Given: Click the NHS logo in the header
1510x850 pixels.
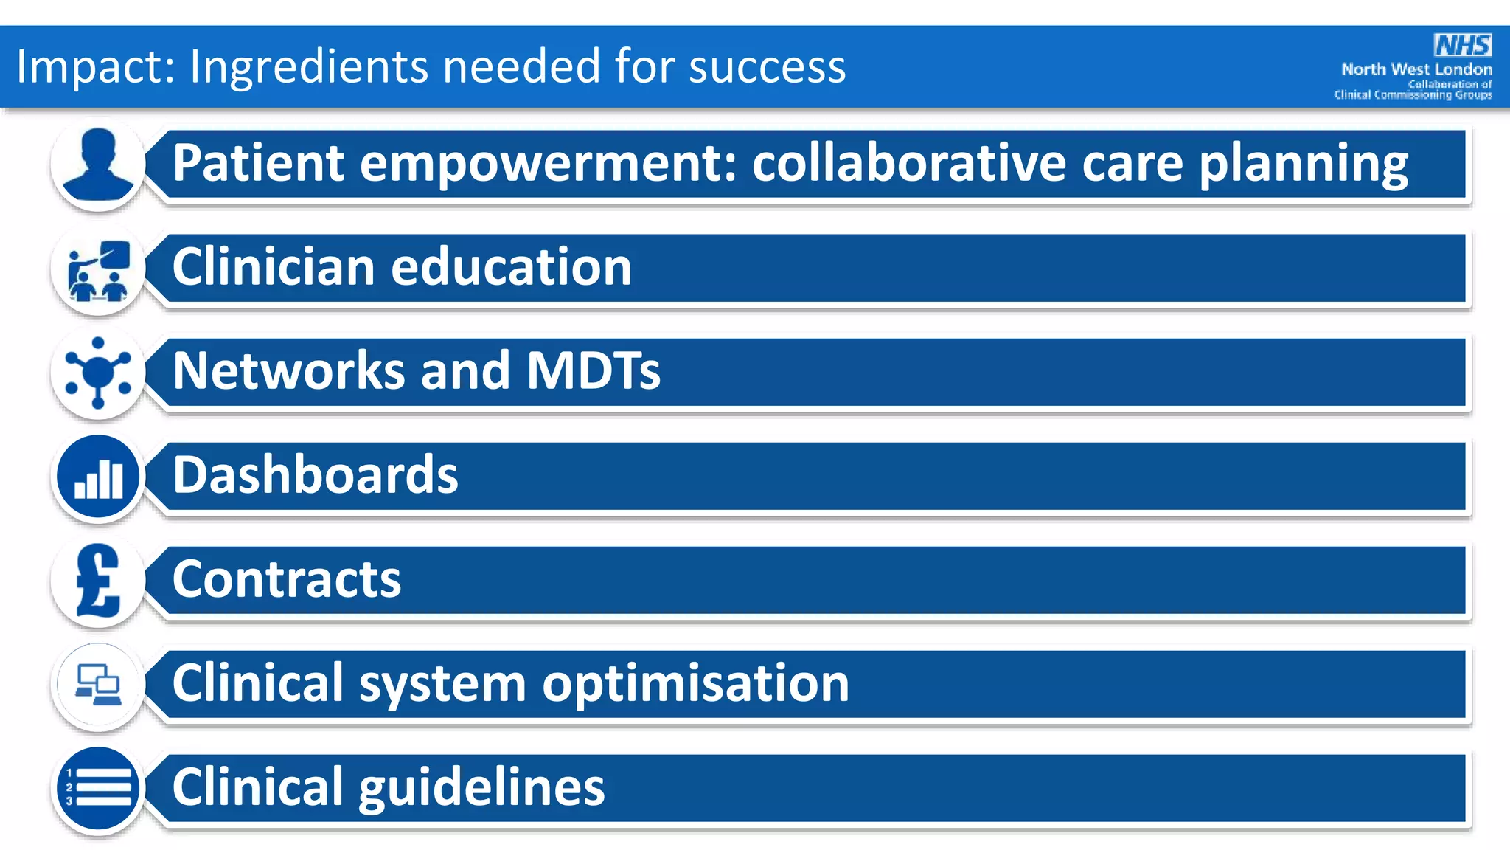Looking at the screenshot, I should tap(1463, 45).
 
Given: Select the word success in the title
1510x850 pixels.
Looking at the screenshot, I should tap(767, 66).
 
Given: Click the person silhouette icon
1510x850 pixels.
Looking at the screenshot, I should tap(98, 164).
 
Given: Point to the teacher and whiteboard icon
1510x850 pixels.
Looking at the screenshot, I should tap(98, 270).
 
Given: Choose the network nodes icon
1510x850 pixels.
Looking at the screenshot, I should tap(98, 373).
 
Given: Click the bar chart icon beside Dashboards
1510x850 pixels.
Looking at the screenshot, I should tap(98, 477).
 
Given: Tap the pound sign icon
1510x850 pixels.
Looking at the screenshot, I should tap(98, 581).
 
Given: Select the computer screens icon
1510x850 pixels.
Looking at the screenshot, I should tap(98, 685).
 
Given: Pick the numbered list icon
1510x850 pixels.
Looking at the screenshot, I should tap(98, 788).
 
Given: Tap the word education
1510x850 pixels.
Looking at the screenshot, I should tap(511, 267).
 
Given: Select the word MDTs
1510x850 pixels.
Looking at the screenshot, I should tap(593, 370).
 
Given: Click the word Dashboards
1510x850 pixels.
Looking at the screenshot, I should tap(315, 474).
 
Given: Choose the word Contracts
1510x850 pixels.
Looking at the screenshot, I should tap(287, 579).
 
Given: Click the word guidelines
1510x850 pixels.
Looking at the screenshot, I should tap(481, 787).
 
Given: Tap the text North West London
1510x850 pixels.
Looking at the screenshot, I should tap(1416, 69).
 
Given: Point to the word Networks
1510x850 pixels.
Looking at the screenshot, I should tap(288, 370).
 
